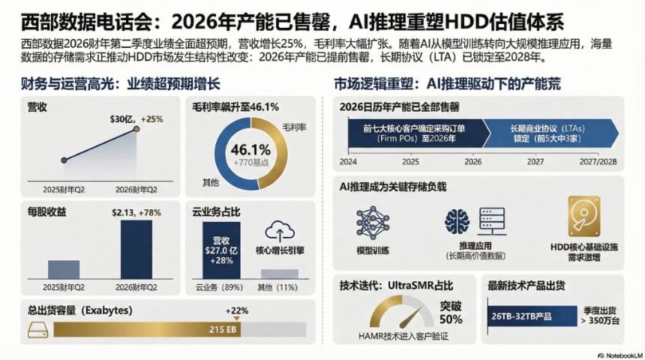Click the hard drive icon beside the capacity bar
37,328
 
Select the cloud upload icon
279,231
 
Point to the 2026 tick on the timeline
472,160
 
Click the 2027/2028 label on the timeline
598,160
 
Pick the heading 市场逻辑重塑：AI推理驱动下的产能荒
447,84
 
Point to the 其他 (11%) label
278,287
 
